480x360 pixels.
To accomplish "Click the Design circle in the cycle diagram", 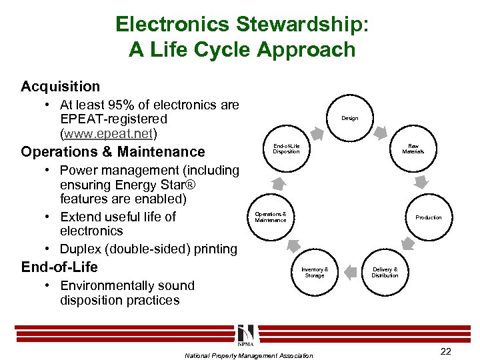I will [349, 119].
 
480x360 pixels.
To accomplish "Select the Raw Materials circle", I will [413, 149].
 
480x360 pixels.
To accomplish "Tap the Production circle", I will [428, 217].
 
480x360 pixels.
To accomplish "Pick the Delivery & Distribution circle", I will [385, 272].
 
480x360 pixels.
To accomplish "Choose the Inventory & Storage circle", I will [314, 272].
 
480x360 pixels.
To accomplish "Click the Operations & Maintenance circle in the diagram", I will [271, 217].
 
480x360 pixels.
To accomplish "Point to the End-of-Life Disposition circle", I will [286, 149].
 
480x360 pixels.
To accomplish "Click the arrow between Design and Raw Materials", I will [385, 131].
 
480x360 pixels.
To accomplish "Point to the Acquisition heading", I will [60, 87].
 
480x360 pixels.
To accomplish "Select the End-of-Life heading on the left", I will [59, 267].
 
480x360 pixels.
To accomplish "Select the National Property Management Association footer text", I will [248, 355].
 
